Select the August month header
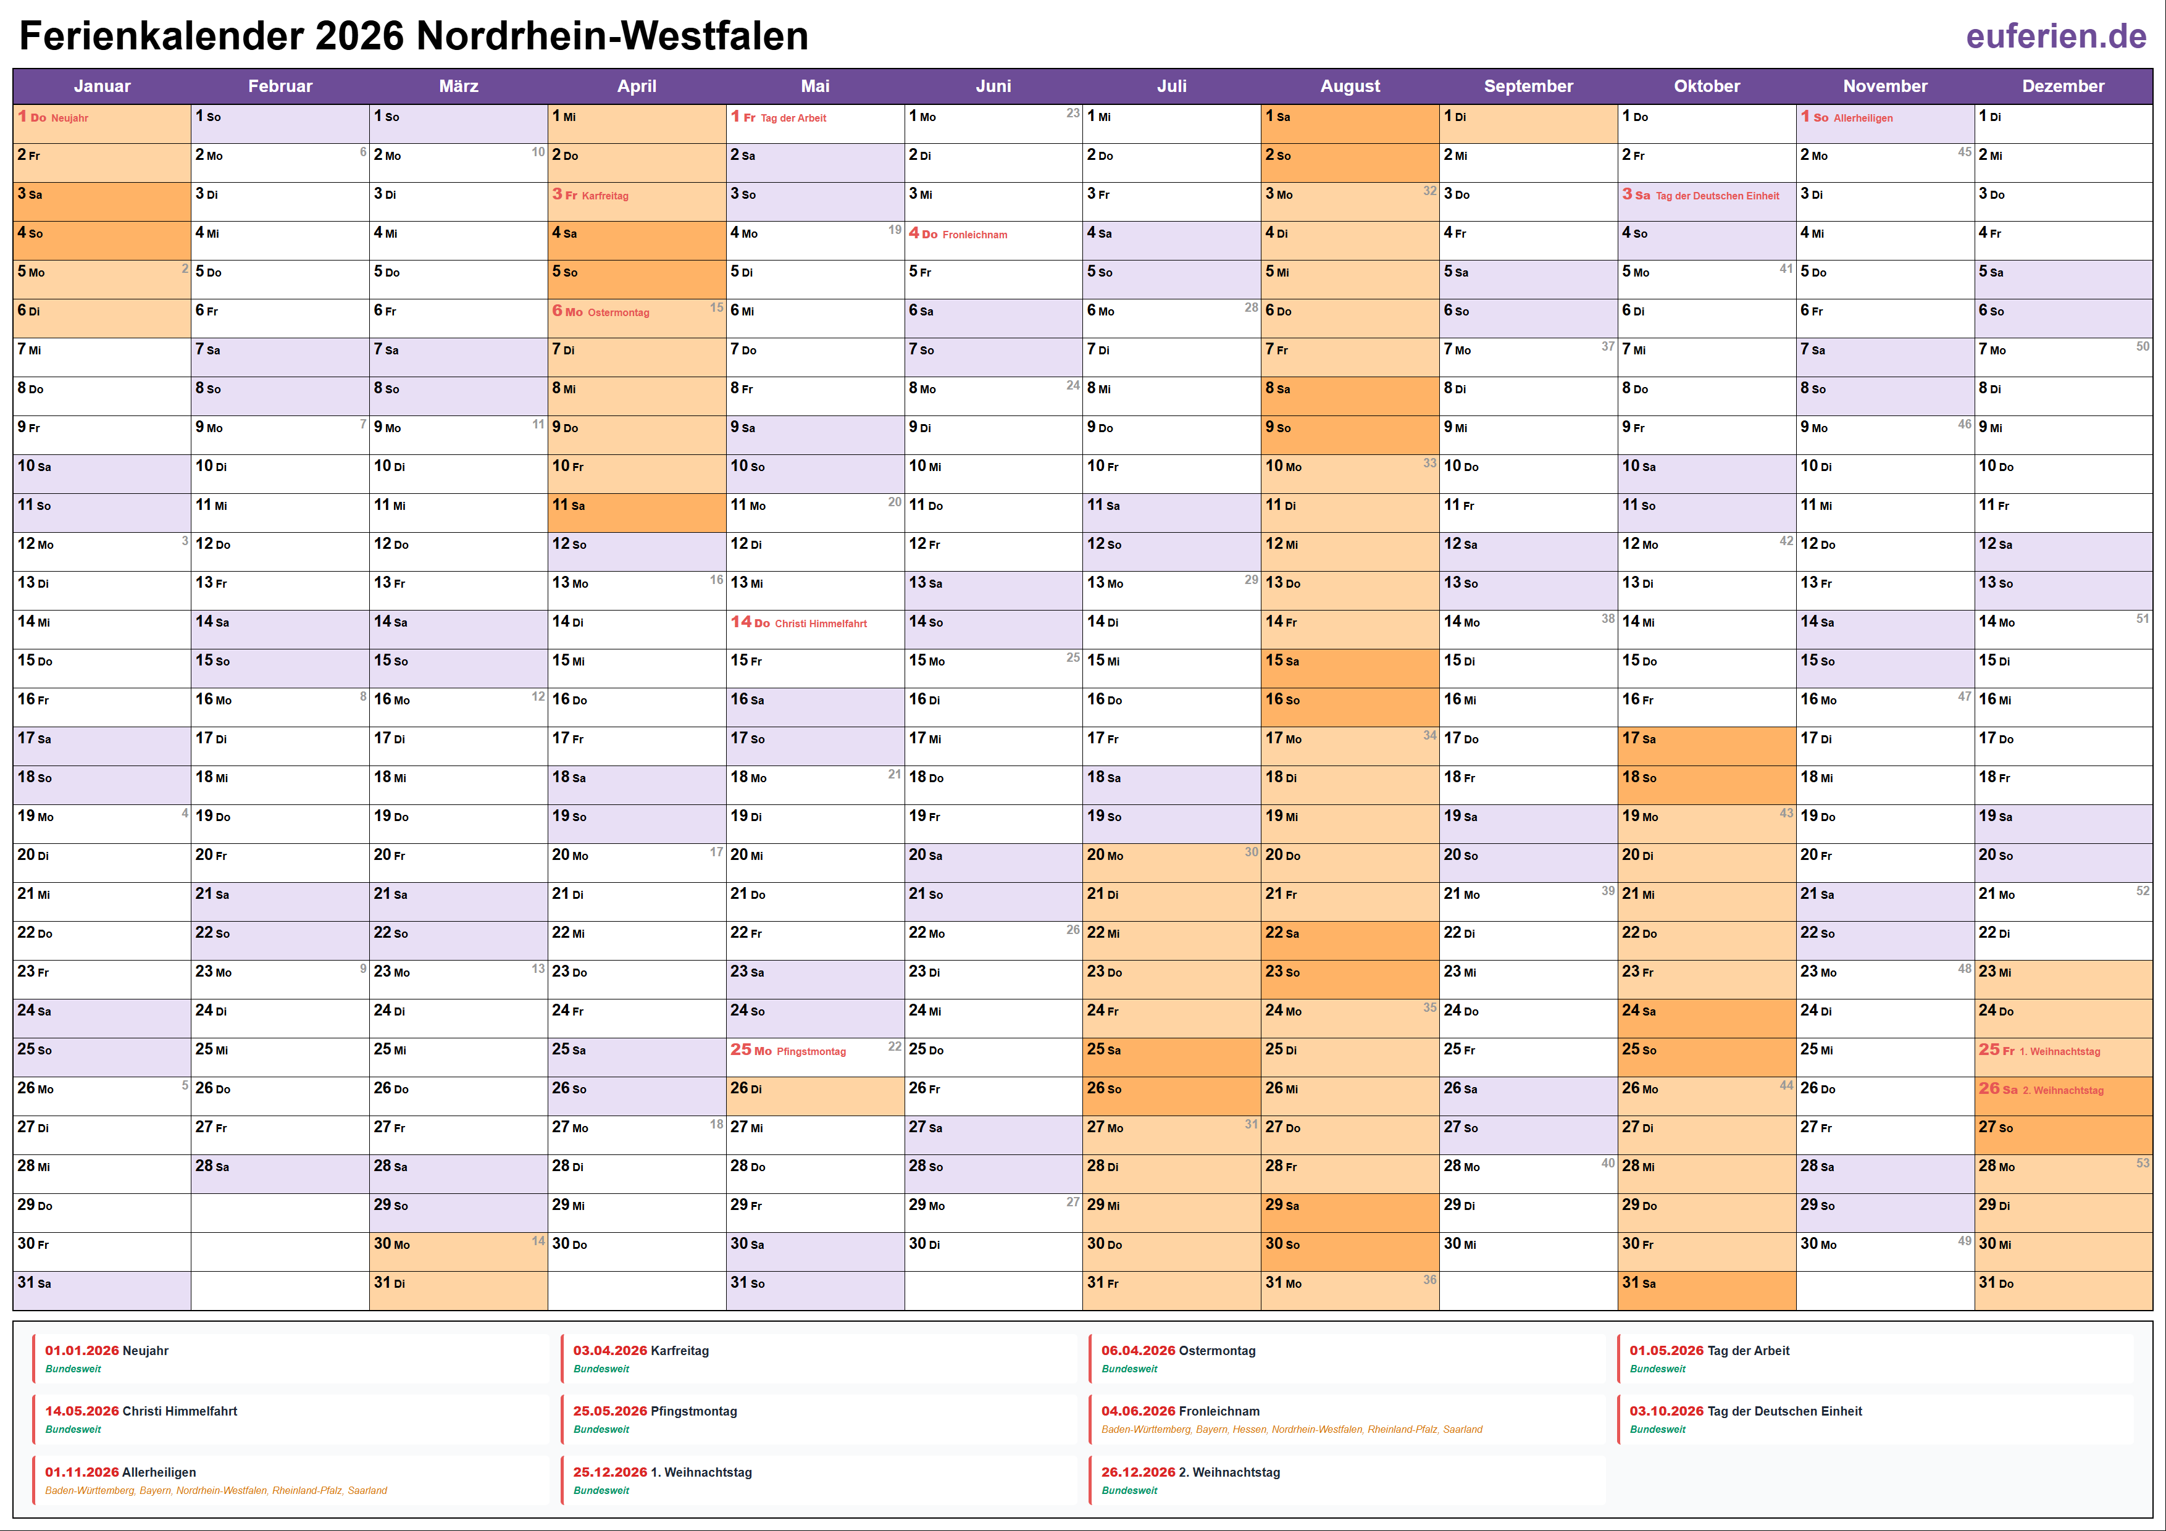(x=1349, y=86)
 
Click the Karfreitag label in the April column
(x=604, y=196)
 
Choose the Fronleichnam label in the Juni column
(x=974, y=235)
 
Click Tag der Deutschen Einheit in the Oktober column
(x=1717, y=196)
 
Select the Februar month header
(x=280, y=86)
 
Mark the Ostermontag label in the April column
(x=618, y=313)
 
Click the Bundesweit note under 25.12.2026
(x=601, y=1490)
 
